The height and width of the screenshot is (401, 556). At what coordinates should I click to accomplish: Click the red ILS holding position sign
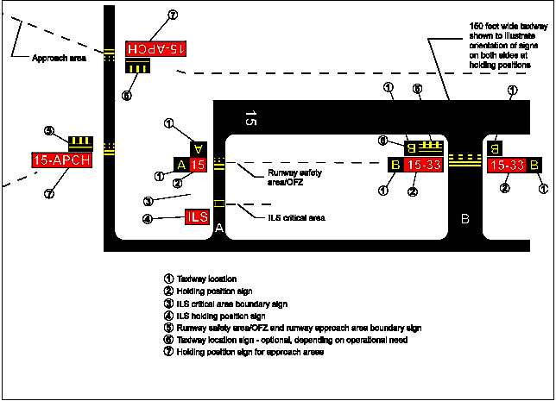(197, 216)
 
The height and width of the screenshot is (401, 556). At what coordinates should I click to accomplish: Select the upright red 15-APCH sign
(56, 159)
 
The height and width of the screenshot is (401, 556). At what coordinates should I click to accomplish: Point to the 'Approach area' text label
(59, 59)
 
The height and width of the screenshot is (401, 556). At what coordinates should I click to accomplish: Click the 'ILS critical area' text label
(295, 217)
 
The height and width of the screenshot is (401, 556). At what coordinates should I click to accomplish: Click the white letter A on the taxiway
(219, 228)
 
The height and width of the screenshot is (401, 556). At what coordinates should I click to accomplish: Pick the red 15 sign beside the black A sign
(198, 165)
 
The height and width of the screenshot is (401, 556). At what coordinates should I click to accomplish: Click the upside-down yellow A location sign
(198, 147)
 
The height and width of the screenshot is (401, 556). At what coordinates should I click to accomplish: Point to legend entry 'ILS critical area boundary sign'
(232, 304)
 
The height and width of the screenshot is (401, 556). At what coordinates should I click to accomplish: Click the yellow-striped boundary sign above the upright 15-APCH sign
(80, 141)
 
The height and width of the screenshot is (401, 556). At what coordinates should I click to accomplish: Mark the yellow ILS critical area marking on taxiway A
(218, 204)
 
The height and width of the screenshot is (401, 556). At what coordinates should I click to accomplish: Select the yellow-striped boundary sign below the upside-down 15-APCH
(137, 70)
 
